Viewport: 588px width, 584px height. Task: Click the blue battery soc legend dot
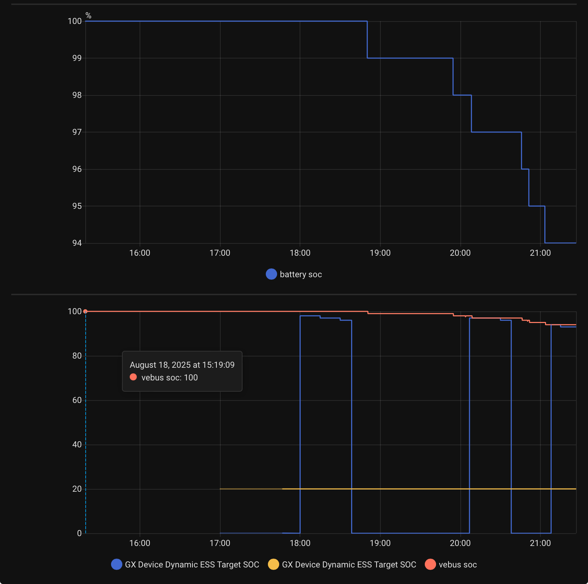click(x=271, y=274)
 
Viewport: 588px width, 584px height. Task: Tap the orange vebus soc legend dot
click(x=430, y=564)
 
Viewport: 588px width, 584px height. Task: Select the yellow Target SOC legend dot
click(x=273, y=564)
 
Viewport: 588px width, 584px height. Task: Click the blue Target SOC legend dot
click(x=116, y=564)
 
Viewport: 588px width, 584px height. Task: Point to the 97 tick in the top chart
click(x=77, y=132)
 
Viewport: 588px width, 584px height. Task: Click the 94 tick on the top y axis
click(x=77, y=243)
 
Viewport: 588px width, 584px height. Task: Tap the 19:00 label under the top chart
click(x=380, y=253)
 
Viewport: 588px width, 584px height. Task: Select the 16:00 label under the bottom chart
click(x=140, y=543)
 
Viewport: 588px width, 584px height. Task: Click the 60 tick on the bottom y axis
click(x=77, y=400)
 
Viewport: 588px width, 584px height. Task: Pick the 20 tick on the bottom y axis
click(x=77, y=489)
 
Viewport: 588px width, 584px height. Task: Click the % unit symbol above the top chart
click(x=88, y=15)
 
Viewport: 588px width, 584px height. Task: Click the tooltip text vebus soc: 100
click(x=169, y=378)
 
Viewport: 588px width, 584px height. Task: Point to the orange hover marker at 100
click(x=85, y=311)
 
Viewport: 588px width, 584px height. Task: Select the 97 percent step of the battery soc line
click(x=496, y=132)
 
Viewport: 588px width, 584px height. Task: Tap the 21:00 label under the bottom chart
click(x=540, y=543)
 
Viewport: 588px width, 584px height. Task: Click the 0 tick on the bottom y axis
click(x=79, y=533)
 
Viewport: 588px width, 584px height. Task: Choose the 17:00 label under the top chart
click(x=220, y=253)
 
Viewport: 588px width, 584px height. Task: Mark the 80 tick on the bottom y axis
click(x=77, y=356)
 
